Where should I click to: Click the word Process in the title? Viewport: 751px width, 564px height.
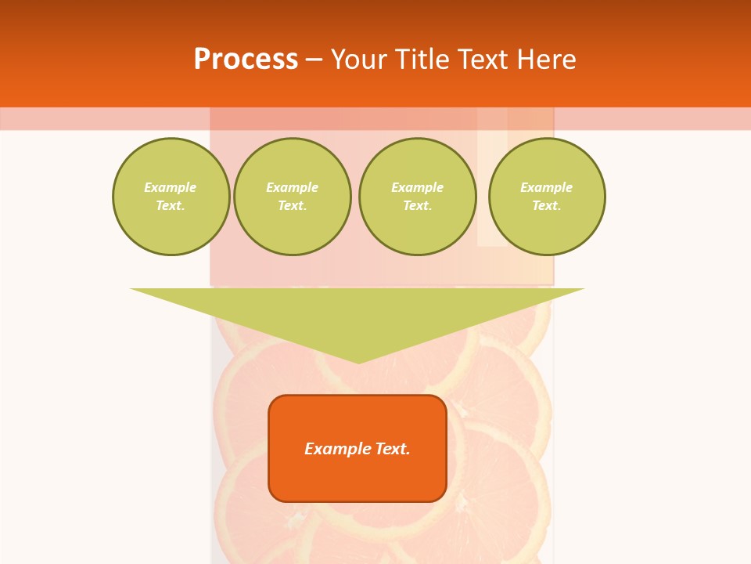point(246,60)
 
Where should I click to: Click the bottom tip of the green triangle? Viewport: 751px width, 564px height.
point(358,362)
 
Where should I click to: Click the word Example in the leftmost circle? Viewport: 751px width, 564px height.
point(171,187)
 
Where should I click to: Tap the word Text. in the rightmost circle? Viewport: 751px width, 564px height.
point(547,206)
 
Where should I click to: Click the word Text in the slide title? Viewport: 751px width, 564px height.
point(485,60)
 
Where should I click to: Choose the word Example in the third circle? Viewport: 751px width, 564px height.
point(418,187)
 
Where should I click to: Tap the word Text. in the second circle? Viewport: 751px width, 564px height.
point(293,206)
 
